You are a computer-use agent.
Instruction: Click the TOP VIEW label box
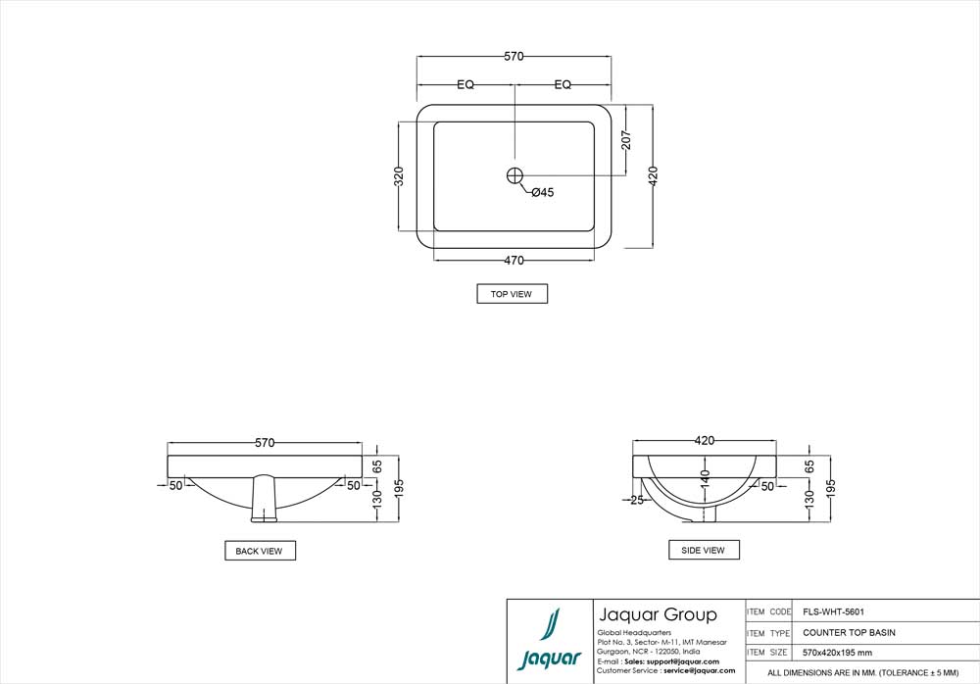(512, 294)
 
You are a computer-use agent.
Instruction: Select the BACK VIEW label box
(260, 551)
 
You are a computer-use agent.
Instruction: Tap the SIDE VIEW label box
(704, 550)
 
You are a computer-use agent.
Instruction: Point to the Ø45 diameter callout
(542, 193)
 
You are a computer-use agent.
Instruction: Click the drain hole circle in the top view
(515, 175)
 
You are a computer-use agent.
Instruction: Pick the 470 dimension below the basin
(514, 261)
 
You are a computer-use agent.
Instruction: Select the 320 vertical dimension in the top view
(399, 176)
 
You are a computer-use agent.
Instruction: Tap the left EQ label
(465, 85)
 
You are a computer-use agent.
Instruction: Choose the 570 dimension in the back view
(265, 443)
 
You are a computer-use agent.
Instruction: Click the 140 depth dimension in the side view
(704, 480)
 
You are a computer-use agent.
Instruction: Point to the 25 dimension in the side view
(637, 500)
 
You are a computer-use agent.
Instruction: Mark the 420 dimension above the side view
(704, 441)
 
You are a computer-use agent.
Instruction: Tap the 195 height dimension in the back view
(398, 487)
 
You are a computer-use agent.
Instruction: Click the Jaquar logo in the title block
(550, 640)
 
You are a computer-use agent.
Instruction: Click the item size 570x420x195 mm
(837, 653)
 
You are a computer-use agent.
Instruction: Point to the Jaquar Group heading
(657, 615)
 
